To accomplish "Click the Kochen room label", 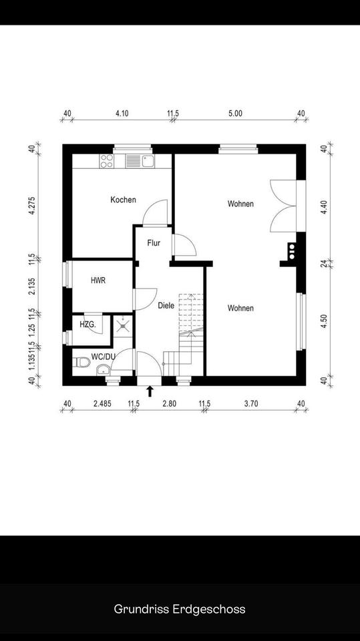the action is [123, 200].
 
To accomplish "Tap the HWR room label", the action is [98, 280].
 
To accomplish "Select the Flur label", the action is [154, 243].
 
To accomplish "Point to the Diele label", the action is [166, 305].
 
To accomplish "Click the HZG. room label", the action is [88, 325].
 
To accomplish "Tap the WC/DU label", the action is [103, 357].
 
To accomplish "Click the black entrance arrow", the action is [150, 391].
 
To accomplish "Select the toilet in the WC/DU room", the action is [81, 362].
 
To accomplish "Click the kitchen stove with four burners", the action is [107, 161].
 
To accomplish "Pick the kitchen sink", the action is [140, 161].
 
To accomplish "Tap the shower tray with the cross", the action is [122, 325].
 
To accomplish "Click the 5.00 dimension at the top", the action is [235, 114].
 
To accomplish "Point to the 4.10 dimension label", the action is [122, 114].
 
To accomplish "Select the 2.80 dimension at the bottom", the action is [170, 404].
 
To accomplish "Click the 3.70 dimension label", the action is [251, 404].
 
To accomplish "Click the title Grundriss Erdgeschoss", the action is [180, 609].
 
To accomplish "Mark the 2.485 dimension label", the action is [102, 404].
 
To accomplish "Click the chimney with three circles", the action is [292, 252].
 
